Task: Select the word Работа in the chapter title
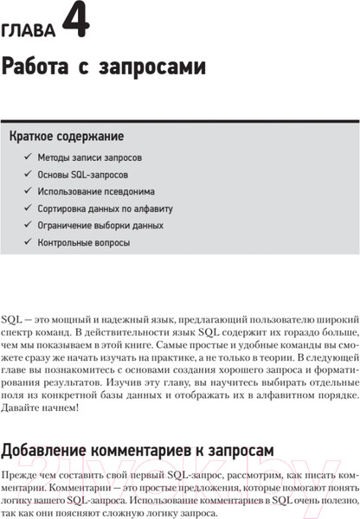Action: point(35,67)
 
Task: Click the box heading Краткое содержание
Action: point(66,136)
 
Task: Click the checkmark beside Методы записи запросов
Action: point(25,158)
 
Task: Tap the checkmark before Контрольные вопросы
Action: point(25,242)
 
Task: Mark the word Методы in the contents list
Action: point(55,158)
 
